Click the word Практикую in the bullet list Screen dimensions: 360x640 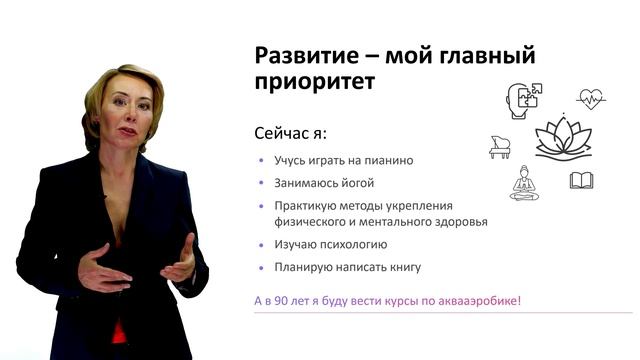(x=302, y=207)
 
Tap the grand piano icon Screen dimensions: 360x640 (x=501, y=147)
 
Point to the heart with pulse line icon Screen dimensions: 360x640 (x=592, y=100)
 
